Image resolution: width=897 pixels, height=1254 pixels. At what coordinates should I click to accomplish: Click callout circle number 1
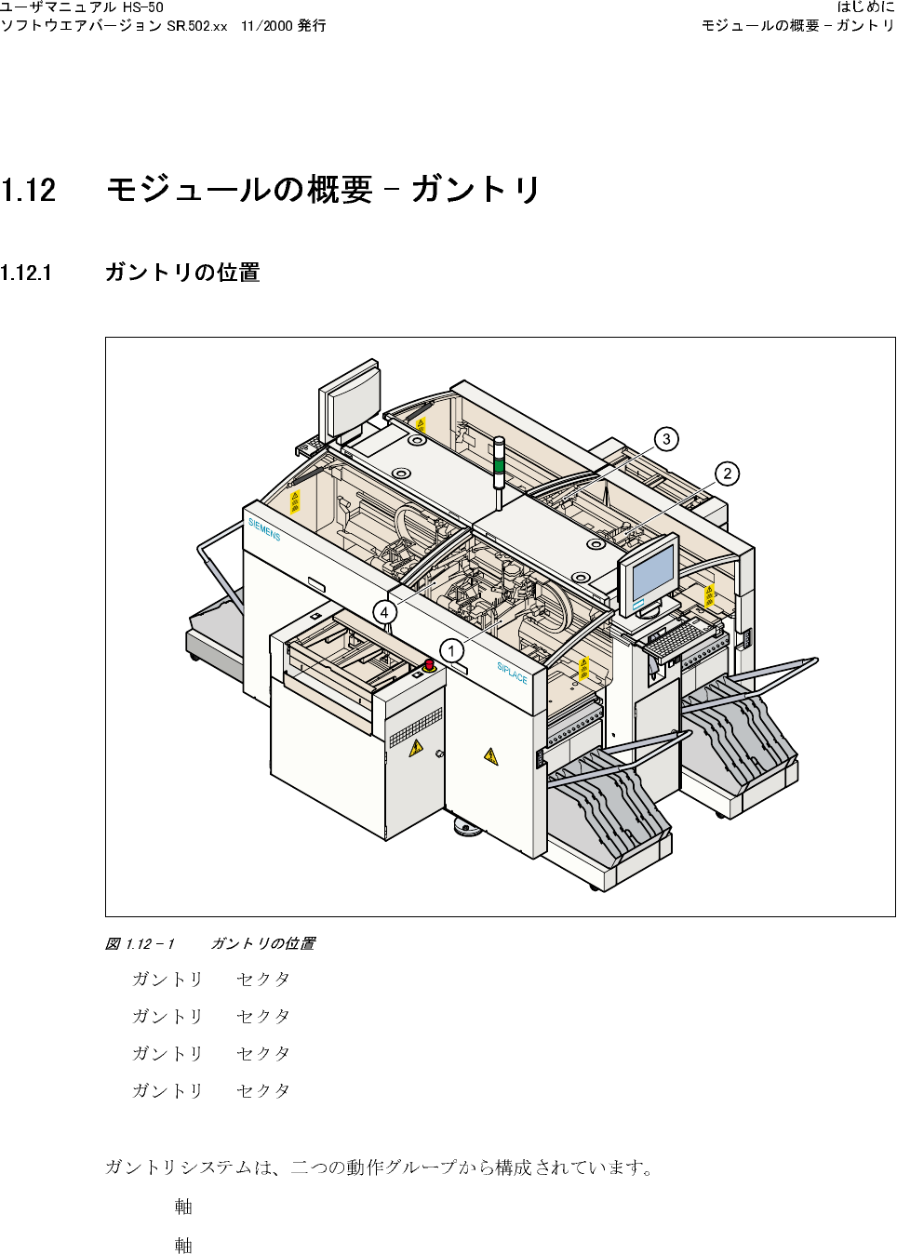(451, 651)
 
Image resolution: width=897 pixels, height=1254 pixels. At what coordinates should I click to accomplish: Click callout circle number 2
(728, 474)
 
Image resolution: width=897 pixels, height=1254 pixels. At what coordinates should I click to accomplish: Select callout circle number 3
(666, 439)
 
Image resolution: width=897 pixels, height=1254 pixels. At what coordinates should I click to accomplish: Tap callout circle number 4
(384, 612)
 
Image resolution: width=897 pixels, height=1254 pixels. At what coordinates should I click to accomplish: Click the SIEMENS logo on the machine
(264, 529)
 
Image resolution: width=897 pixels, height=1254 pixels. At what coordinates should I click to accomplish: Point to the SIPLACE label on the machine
(512, 673)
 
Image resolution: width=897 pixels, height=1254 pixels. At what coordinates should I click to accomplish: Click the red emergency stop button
(429, 664)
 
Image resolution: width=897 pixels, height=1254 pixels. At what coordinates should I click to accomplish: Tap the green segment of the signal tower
(499, 464)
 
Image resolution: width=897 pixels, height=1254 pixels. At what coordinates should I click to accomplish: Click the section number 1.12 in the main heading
(29, 191)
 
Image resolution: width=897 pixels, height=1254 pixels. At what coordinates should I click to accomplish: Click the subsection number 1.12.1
(26, 273)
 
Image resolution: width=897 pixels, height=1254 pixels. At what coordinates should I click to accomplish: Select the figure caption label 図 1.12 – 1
(140, 944)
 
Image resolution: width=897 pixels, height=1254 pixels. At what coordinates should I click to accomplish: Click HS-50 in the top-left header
(143, 7)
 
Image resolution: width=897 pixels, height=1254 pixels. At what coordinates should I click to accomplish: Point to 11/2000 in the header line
(266, 26)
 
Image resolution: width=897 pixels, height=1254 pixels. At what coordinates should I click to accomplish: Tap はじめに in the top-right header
(865, 7)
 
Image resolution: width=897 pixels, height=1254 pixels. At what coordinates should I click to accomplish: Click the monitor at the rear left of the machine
(351, 398)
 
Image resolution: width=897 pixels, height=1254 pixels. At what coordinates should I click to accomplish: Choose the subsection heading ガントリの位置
(182, 273)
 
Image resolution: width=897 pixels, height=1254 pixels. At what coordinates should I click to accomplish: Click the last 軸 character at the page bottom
(183, 1245)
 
